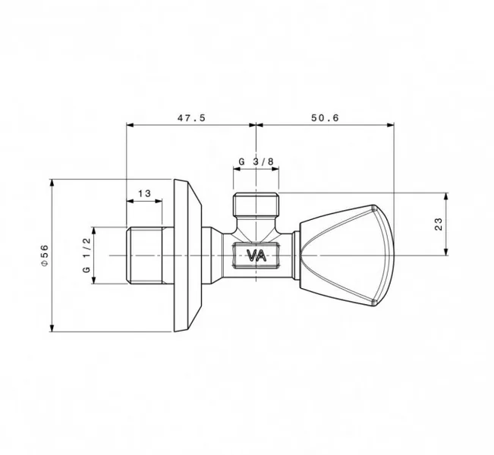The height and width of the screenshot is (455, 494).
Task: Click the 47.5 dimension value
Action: [191, 118]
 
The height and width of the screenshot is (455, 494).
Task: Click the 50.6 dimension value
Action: [325, 118]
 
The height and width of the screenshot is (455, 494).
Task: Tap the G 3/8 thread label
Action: [256, 162]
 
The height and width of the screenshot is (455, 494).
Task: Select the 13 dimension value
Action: [144, 193]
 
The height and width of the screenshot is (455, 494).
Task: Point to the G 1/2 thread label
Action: [87, 255]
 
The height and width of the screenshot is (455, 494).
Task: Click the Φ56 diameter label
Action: [45, 255]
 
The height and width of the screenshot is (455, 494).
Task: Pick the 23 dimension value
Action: [439, 224]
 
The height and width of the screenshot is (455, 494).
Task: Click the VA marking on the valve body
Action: [256, 256]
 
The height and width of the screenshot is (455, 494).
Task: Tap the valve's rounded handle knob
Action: [347, 256]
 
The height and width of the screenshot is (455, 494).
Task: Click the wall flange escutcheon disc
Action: [187, 256]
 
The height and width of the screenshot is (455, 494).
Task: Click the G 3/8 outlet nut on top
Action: [256, 205]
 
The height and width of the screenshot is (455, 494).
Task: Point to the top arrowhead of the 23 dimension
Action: [445, 196]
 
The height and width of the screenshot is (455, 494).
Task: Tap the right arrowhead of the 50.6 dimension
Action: [391, 125]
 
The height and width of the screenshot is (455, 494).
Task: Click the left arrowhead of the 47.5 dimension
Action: [130, 125]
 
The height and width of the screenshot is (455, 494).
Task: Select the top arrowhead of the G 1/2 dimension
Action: [94, 231]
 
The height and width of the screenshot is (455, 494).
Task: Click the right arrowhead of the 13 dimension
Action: [159, 201]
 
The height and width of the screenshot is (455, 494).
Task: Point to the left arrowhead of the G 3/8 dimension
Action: [237, 169]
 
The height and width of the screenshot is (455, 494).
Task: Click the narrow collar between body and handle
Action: [296, 256]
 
